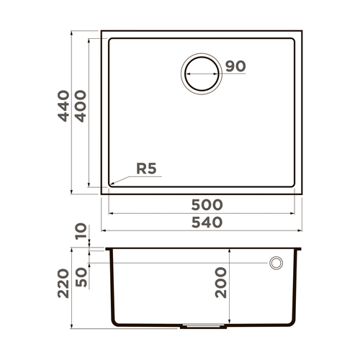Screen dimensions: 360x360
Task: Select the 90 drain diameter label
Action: pyautogui.click(x=235, y=66)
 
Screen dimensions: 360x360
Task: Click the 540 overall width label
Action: pyautogui.click(x=202, y=222)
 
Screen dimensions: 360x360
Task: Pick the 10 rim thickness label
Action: pyautogui.click(x=80, y=232)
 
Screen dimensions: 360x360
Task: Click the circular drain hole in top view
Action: pyautogui.click(x=201, y=73)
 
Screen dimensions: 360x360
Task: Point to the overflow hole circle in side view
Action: pyautogui.click(x=276, y=264)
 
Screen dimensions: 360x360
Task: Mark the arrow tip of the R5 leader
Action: pyautogui.click(x=109, y=184)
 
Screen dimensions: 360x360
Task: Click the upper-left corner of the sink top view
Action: pyautogui.click(x=102, y=32)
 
